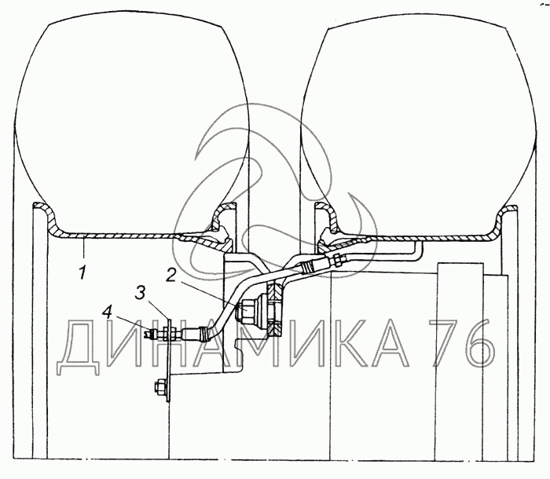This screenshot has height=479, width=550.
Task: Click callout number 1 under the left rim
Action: coord(82,272)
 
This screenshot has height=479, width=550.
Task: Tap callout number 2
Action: coord(171,276)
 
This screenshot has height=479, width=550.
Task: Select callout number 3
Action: coord(141,292)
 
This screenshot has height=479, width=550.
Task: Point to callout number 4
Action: coord(107,313)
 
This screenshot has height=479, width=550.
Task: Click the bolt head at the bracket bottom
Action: coord(159,386)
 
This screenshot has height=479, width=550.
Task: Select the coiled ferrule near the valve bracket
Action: coord(203,332)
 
